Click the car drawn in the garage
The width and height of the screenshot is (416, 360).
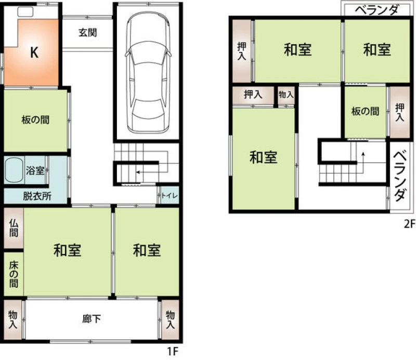coord(148,72)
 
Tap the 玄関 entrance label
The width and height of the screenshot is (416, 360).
coord(87,33)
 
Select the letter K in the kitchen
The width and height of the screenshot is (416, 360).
coord(34,52)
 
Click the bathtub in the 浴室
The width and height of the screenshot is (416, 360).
coord(15,170)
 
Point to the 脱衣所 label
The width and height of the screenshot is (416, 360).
coord(37,196)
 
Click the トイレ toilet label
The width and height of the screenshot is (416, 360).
coord(170,196)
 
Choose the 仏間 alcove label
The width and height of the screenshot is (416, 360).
coord(14,228)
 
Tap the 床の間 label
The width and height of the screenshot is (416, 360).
coord(14,274)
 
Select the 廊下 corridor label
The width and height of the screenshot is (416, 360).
coord(92,318)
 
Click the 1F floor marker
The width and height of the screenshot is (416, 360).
coord(173,352)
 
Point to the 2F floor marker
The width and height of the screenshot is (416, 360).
coord(409,224)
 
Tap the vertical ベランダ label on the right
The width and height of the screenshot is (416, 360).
coord(399,176)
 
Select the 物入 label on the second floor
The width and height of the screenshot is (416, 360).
coord(286,95)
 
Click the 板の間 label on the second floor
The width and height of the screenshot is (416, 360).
coord(366,111)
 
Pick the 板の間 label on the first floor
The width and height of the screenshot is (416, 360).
coord(35,120)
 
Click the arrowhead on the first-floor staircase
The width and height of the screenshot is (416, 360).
coord(138,172)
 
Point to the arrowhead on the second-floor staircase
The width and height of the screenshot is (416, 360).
coord(363,154)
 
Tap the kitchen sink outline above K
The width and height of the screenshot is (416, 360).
coord(25,12)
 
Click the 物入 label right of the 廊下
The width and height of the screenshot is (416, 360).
coord(170,319)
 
